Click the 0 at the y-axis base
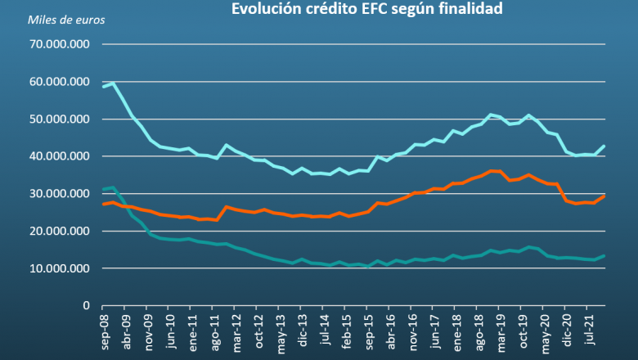pyautogui.click(x=86, y=305)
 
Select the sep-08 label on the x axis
pyautogui.click(x=104, y=331)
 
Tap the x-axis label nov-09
pyautogui.click(x=148, y=331)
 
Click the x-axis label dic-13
pyautogui.click(x=303, y=331)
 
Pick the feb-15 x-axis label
pyautogui.click(x=348, y=331)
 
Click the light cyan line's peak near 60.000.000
pyautogui.click(x=114, y=83)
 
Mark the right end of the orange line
pyautogui.click(x=604, y=196)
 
